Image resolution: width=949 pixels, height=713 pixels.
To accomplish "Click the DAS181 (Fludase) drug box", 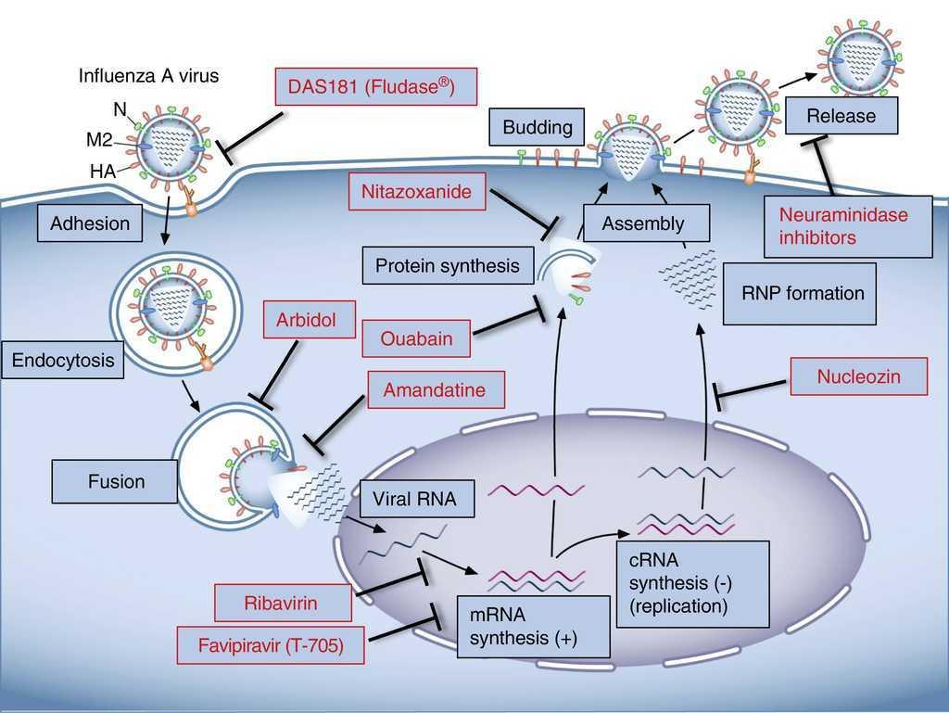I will pyautogui.click(x=376, y=89).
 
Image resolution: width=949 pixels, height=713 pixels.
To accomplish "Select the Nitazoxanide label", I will pyautogui.click(x=417, y=193).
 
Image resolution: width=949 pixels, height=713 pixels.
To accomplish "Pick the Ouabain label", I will pyautogui.click(x=416, y=338).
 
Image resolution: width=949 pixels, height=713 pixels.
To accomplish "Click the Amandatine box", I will pyautogui.click(x=437, y=389).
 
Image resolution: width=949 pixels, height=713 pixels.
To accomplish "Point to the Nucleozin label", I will pyautogui.click(x=858, y=377).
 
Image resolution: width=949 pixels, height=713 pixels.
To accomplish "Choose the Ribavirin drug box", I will pyautogui.click(x=282, y=604).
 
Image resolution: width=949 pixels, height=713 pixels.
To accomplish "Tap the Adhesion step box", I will pyautogui.click(x=90, y=223).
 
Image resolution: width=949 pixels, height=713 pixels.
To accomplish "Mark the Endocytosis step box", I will pyautogui.click(x=62, y=360).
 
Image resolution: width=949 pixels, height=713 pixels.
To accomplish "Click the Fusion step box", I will pyautogui.click(x=116, y=482).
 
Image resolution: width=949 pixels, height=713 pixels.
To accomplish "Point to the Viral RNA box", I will pyautogui.click(x=414, y=499).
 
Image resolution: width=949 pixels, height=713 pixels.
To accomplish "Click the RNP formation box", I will pyautogui.click(x=798, y=294).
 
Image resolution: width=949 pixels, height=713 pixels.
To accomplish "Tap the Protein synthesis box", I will pyautogui.click(x=448, y=266).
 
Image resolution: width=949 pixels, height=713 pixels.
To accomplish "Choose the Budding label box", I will pyautogui.click(x=538, y=127).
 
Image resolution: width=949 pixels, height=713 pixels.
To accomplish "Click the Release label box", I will pyautogui.click(x=841, y=116).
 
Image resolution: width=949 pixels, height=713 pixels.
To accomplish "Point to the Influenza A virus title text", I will pyautogui.click(x=148, y=76).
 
